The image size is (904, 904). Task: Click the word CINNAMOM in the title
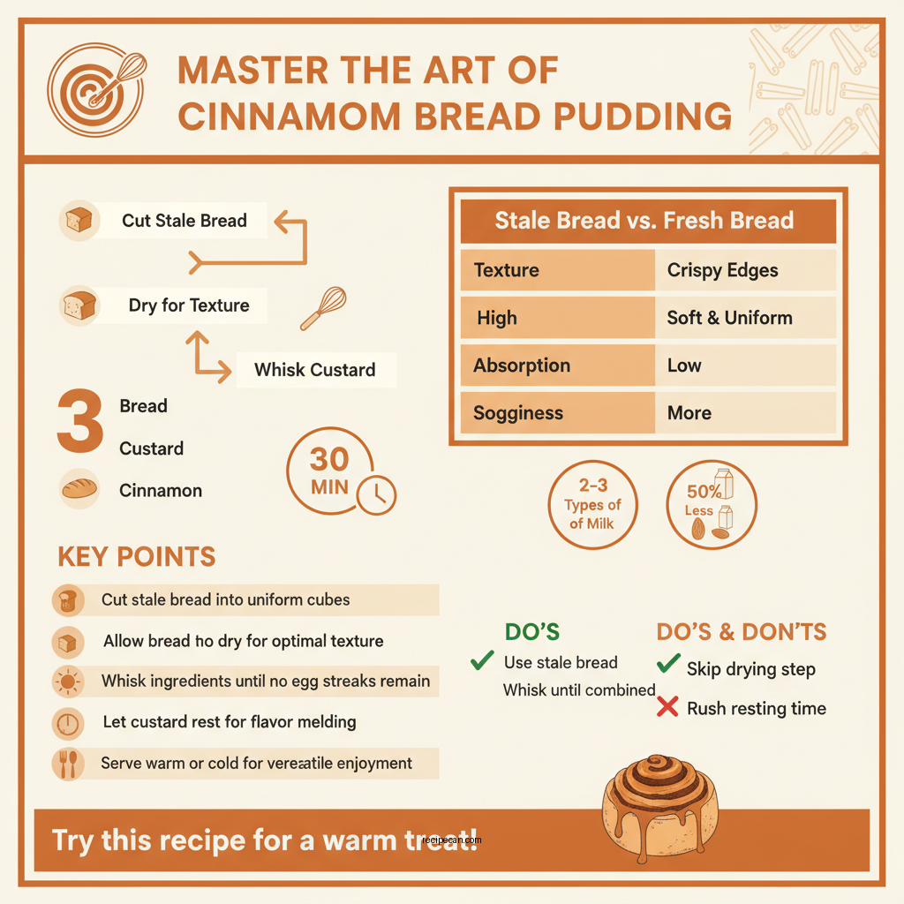pos(292,116)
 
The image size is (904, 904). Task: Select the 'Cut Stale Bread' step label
pos(184,221)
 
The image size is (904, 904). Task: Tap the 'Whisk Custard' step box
pos(315,370)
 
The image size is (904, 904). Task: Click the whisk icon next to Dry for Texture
pos(322,308)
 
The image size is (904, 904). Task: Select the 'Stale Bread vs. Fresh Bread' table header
pos(644,221)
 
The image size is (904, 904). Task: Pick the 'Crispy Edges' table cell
pos(722,270)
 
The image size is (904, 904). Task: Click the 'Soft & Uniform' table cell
pos(729,318)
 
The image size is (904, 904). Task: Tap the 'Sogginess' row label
pos(518,413)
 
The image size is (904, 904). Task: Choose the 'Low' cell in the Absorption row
pos(684,365)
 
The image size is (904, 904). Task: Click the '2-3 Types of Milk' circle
pos(593,505)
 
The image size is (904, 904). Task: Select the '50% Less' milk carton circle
pos(711,505)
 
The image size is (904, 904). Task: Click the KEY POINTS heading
pos(136,556)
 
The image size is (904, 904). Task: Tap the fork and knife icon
pos(69,763)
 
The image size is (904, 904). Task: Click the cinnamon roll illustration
pos(661,805)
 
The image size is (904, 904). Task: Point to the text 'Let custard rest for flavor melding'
pos(229,722)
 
